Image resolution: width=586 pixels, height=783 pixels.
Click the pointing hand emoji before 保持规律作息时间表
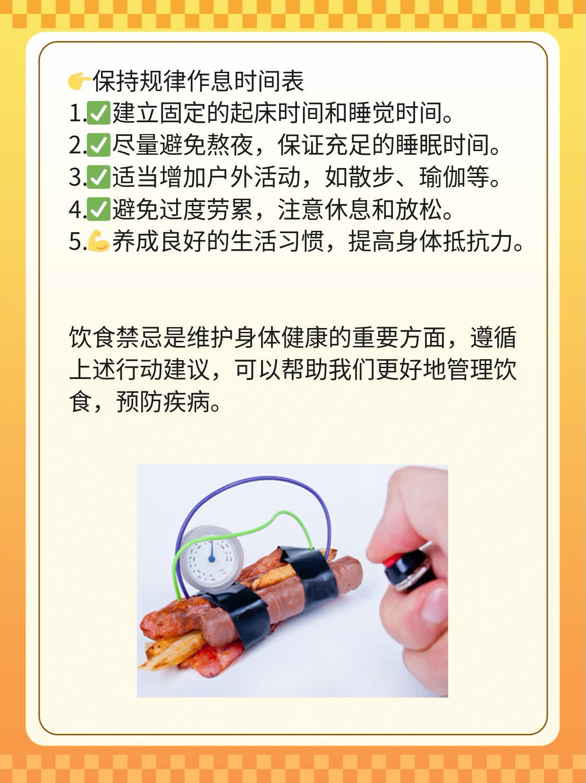coord(79,82)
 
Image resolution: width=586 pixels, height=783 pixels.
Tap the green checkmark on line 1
coord(98,114)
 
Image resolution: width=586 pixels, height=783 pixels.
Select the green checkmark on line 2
coord(98,146)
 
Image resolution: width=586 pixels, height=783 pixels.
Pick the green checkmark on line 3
coord(98,178)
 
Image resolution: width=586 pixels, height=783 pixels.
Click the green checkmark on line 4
coord(98,210)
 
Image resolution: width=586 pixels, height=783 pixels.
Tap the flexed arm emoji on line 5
coord(98,242)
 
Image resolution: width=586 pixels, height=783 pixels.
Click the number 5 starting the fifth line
coord(75,242)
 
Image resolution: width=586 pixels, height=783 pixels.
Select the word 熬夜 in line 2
coord(230,146)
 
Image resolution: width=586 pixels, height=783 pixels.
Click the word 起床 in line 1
coord(254,114)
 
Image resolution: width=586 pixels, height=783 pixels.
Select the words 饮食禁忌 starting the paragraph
coord(116,338)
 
